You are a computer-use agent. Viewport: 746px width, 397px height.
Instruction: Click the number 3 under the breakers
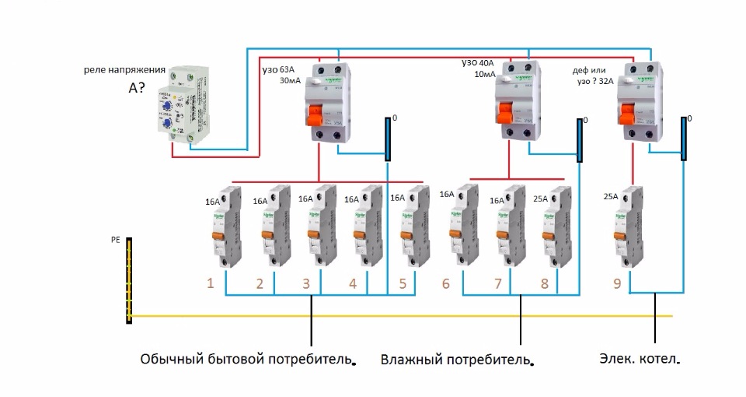click(x=306, y=284)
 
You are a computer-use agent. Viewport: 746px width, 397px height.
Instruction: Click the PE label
click(x=116, y=241)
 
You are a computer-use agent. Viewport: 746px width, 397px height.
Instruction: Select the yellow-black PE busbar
click(x=129, y=280)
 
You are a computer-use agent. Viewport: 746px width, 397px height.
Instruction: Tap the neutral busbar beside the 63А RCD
click(x=387, y=139)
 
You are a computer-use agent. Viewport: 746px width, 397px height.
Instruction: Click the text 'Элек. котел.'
click(x=640, y=360)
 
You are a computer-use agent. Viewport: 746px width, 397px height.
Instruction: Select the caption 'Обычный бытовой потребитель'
click(x=246, y=360)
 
